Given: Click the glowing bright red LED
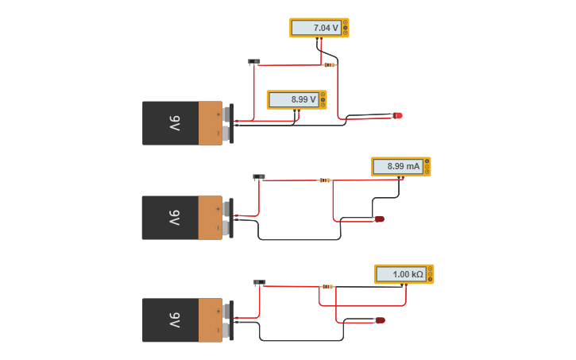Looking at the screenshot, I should [397, 116].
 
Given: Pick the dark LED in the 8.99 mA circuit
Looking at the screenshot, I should [379, 219].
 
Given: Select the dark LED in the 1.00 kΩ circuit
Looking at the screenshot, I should [380, 320].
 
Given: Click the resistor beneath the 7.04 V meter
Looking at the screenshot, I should [329, 65].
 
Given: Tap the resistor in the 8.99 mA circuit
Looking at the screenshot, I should [324, 180].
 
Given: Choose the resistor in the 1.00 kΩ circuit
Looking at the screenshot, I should [327, 286].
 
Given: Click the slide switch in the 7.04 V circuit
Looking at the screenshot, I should [254, 61].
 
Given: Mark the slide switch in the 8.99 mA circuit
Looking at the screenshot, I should [258, 176].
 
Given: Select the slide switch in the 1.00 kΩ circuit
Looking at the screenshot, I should [260, 282].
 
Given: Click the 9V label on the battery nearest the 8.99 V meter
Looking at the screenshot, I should [174, 123].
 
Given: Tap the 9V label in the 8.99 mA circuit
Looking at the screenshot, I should [174, 218].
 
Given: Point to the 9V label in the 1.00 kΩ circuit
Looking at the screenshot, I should [174, 320].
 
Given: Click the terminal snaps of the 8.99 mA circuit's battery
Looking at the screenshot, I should [229, 219].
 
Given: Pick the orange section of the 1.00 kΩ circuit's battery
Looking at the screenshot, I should [211, 320].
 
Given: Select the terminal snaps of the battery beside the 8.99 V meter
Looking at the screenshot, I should [229, 123].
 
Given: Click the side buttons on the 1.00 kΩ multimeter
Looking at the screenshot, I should [430, 274].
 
